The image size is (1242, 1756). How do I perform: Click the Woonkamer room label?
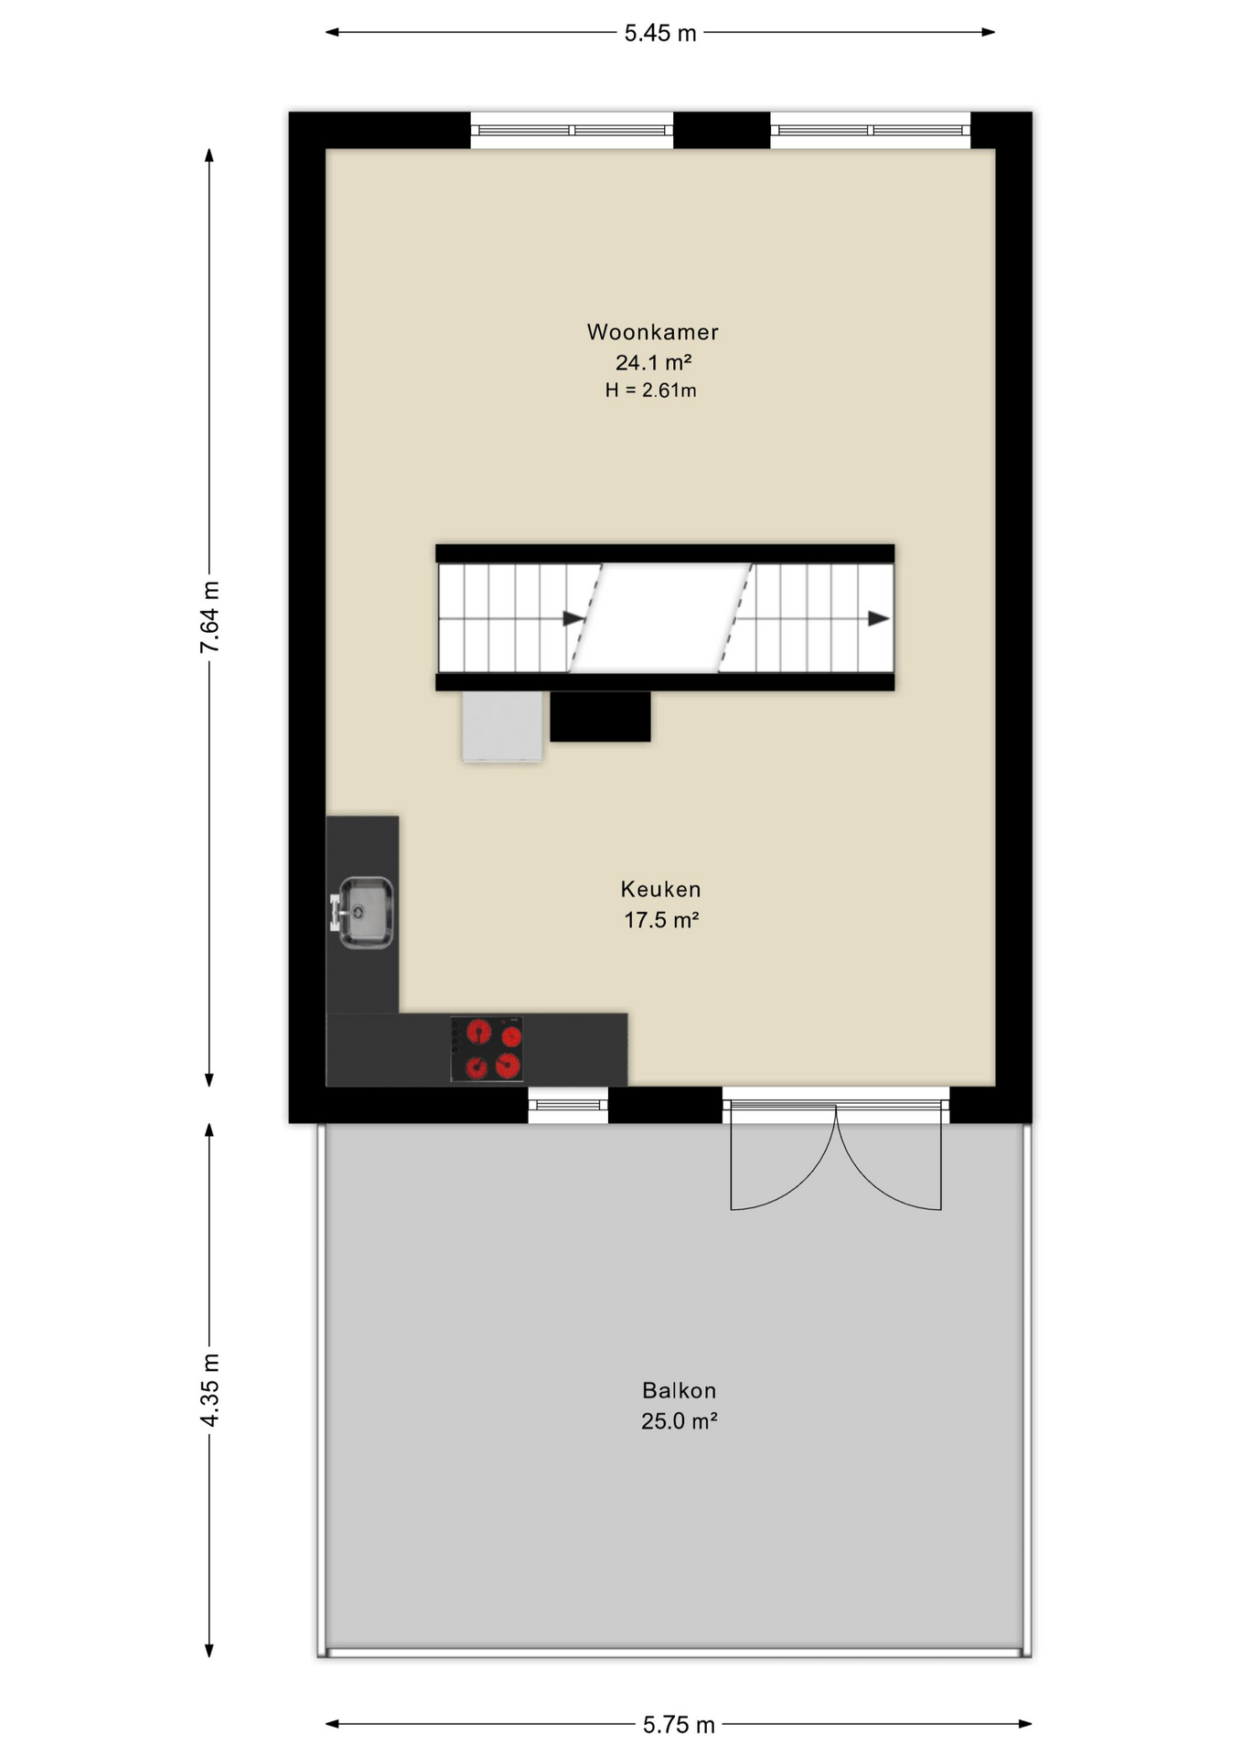pyautogui.click(x=652, y=332)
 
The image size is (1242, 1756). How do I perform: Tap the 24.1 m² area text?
pyautogui.click(x=653, y=362)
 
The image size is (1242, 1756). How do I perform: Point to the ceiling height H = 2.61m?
pyautogui.click(x=650, y=391)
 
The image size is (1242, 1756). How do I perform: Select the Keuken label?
pyautogui.click(x=660, y=889)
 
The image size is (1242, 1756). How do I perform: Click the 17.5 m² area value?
pyautogui.click(x=661, y=920)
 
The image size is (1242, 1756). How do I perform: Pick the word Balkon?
pyautogui.click(x=679, y=1390)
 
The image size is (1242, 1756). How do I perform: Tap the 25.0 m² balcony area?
pyautogui.click(x=679, y=1421)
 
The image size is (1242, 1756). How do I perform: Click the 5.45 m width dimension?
pyautogui.click(x=660, y=34)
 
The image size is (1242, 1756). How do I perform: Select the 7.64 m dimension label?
pyautogui.click(x=209, y=617)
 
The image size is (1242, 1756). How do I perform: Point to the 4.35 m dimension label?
pyautogui.click(x=209, y=1390)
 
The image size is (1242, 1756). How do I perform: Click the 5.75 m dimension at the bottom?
pyautogui.click(x=679, y=1725)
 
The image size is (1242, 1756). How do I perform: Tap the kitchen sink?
pyautogui.click(x=363, y=913)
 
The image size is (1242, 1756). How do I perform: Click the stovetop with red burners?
pyautogui.click(x=487, y=1049)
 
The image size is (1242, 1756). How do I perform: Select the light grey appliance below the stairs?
pyautogui.click(x=502, y=726)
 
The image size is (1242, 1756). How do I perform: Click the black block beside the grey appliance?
pyautogui.click(x=600, y=716)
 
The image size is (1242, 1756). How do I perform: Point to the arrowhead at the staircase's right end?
pyautogui.click(x=878, y=619)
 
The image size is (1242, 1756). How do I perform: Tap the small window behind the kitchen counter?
pyautogui.click(x=568, y=1106)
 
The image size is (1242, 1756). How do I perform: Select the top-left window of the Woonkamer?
pyautogui.click(x=572, y=130)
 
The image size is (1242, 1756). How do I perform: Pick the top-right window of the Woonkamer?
pyautogui.click(x=870, y=130)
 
